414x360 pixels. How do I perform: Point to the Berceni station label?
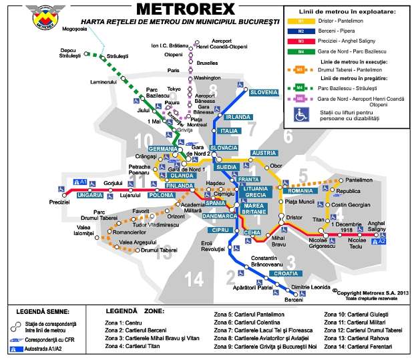[x=294, y=299]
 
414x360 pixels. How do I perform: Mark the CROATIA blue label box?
[x=286, y=274]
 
